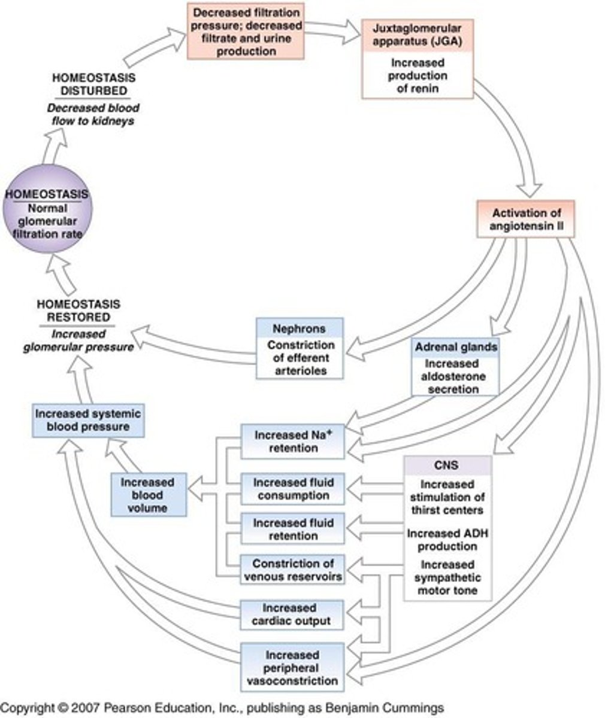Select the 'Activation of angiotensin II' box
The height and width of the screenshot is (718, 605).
525,220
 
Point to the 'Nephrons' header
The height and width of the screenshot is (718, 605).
300,328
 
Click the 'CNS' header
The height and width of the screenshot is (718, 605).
447,466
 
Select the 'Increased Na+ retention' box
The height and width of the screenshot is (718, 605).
293,442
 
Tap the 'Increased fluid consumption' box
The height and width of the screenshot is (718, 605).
293,489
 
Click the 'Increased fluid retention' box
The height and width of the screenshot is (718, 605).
293,529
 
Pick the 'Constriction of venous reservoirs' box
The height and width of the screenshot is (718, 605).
293,570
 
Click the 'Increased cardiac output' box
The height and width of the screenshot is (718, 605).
293,614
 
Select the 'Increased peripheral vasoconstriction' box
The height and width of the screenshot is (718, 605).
293,668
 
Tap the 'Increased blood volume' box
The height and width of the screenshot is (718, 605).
148,495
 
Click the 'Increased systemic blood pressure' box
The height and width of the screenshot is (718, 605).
88,420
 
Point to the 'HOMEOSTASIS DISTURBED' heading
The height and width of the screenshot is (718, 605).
93,84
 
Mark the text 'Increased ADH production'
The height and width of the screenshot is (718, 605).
447,540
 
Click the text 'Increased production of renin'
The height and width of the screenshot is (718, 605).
418,75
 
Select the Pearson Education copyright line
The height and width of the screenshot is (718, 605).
222,707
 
